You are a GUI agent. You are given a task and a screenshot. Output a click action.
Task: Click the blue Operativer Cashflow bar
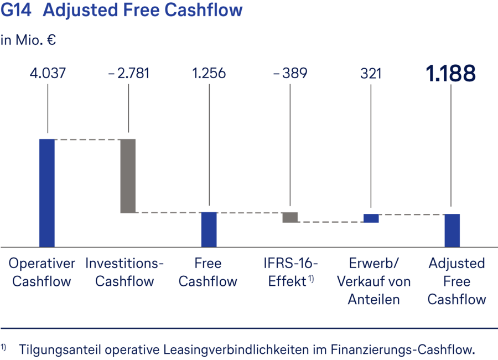pyautogui.click(x=47, y=192)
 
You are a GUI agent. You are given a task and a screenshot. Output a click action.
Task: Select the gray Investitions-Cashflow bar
pyautogui.click(x=128, y=176)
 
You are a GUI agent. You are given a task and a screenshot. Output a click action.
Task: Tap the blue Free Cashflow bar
pyautogui.click(x=209, y=229)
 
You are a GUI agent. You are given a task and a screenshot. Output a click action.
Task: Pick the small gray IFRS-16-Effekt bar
pyautogui.click(x=290, y=217)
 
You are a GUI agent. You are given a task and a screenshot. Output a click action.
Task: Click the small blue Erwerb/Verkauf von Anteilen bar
pyautogui.click(x=371, y=218)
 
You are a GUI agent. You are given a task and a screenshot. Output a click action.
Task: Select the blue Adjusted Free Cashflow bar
pyautogui.click(x=452, y=230)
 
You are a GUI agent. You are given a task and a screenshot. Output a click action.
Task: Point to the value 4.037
pyautogui.click(x=47, y=73)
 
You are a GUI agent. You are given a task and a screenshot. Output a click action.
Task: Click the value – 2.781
pyautogui.click(x=128, y=73)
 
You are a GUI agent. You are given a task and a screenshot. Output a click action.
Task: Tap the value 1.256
pyautogui.click(x=209, y=73)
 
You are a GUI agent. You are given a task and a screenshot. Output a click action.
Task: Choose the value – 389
pyautogui.click(x=289, y=73)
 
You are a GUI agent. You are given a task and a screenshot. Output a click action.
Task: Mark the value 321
pyautogui.click(x=371, y=73)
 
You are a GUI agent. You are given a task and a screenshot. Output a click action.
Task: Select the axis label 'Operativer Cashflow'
pyautogui.click(x=42, y=272)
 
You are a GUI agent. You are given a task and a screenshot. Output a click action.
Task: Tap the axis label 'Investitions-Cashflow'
pyautogui.click(x=124, y=272)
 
